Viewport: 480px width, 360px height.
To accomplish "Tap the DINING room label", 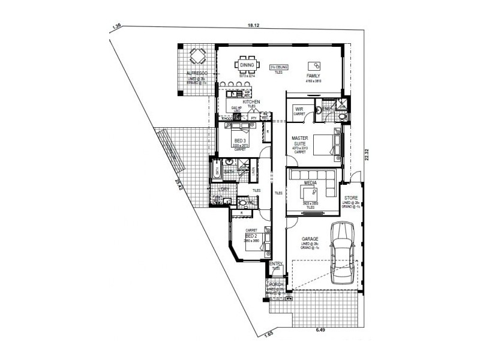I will point(247,65).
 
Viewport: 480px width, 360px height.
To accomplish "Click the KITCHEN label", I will point(251,102).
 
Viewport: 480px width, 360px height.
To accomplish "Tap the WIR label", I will point(299,109).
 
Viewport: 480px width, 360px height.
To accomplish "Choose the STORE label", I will point(350,199).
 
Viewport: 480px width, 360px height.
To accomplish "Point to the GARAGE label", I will point(310,239).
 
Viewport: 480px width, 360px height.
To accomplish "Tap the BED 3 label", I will point(240,140).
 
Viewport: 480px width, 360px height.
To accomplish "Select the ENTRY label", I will point(276,264).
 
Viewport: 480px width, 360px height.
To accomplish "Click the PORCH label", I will point(276,284).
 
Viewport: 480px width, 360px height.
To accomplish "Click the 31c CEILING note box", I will point(279,67).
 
